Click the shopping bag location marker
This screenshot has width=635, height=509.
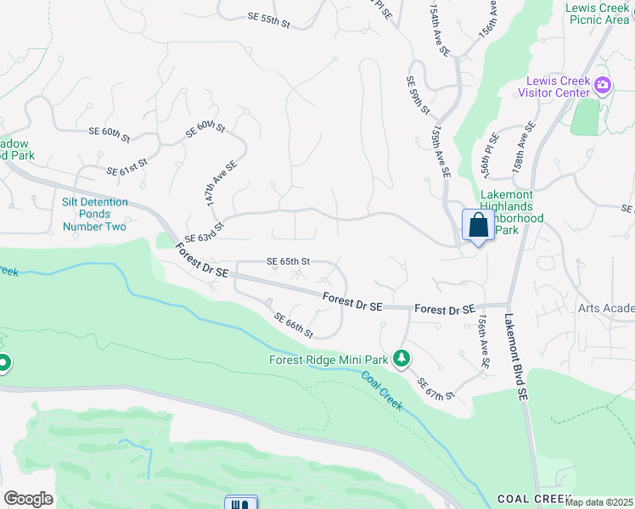click(x=479, y=227)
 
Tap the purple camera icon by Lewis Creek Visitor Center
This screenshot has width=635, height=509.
click(x=603, y=83)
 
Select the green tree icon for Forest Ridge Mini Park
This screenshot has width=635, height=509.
click(x=402, y=360)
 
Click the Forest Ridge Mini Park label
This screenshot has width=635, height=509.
click(x=329, y=360)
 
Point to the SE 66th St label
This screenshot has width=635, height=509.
click(x=294, y=324)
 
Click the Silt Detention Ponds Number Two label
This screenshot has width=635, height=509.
click(x=94, y=214)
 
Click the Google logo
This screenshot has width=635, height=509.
click(x=28, y=499)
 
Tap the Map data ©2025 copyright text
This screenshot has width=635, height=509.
click(x=599, y=502)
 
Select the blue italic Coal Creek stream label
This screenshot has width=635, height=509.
click(x=382, y=391)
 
